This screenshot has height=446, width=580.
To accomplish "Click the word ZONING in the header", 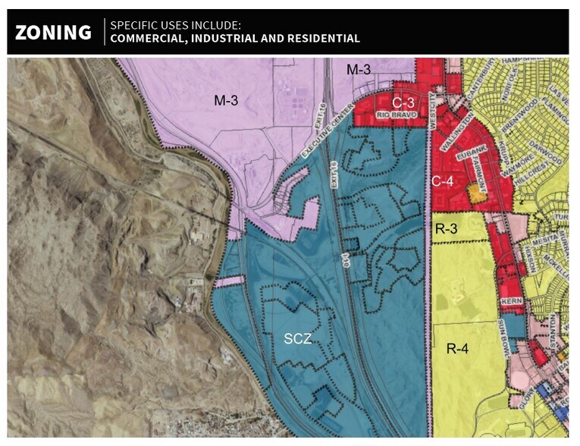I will [53, 32].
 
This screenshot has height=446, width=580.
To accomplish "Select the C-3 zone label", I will [403, 102].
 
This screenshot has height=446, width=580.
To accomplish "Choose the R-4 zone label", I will [458, 349].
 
